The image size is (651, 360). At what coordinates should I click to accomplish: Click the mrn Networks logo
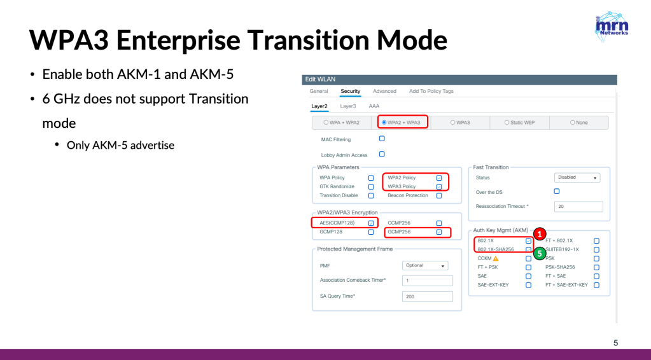point(612,27)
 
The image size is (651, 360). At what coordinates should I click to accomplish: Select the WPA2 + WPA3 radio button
point(384,122)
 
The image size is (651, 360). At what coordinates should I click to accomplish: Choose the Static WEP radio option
point(507,122)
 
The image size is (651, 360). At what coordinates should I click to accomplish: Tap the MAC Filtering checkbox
point(382,139)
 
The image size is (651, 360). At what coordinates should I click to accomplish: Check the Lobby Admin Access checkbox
point(382,155)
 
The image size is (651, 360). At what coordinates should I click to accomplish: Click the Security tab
point(351,91)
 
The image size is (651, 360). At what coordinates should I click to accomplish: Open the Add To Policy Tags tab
point(431,91)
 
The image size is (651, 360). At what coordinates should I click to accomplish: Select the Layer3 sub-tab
point(348,106)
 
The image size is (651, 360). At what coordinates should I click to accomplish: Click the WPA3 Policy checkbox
point(439,186)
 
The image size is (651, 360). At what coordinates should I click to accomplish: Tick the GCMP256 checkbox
point(439,232)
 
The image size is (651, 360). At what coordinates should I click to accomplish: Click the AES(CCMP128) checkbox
point(371,223)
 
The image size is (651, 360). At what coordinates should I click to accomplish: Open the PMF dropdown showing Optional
point(425,265)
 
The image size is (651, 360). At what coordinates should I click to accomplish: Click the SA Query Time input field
point(427,296)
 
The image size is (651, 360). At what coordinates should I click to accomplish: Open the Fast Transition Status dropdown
point(577,177)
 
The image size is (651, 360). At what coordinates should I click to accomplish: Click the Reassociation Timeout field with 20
point(578,207)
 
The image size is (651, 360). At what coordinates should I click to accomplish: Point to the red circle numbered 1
point(539,234)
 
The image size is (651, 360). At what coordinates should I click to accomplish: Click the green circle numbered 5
point(539,253)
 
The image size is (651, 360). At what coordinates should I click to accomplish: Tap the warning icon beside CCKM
point(496,258)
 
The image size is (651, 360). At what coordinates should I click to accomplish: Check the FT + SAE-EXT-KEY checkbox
point(597,286)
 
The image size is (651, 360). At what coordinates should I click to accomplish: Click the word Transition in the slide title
point(309,40)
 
